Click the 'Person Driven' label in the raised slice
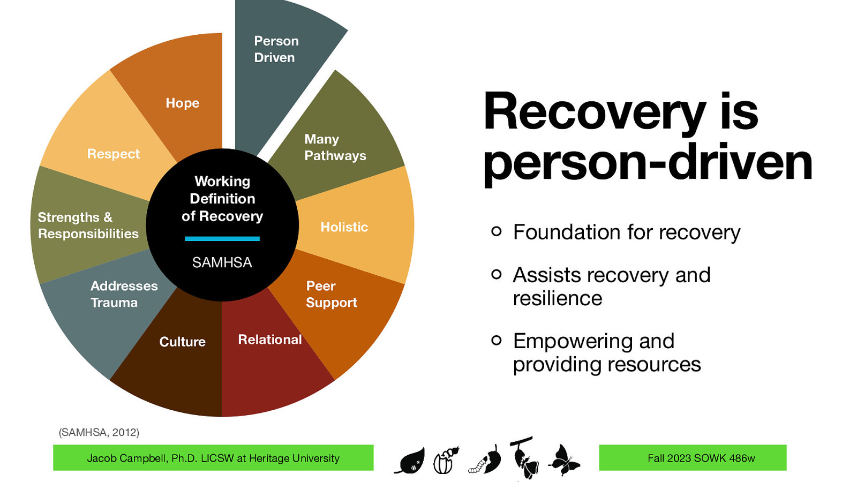click(276, 49)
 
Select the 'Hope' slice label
click(182, 103)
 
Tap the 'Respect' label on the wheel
click(113, 154)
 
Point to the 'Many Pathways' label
click(335, 147)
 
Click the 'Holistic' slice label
click(344, 227)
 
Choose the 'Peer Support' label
click(331, 294)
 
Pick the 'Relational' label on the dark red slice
click(269, 340)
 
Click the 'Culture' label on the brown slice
click(182, 342)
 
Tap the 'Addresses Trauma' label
click(124, 294)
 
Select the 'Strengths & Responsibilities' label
click(88, 225)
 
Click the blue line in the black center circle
click(222, 238)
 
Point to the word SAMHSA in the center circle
click(222, 262)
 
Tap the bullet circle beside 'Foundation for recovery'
click(497, 231)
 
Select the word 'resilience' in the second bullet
click(557, 298)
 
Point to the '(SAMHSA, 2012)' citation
click(99, 432)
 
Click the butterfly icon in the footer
click(563, 460)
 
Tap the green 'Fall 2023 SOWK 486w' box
click(692, 458)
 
